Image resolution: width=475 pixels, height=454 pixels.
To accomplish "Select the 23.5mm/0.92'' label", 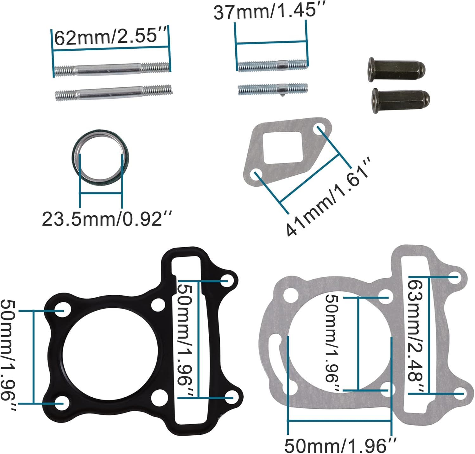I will tap(107, 219).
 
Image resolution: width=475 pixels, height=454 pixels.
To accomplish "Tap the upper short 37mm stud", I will tap(272, 66).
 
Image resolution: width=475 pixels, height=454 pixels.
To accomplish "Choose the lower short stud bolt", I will tap(272, 89).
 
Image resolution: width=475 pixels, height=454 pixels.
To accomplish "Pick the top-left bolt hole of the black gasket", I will tap(62, 309).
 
